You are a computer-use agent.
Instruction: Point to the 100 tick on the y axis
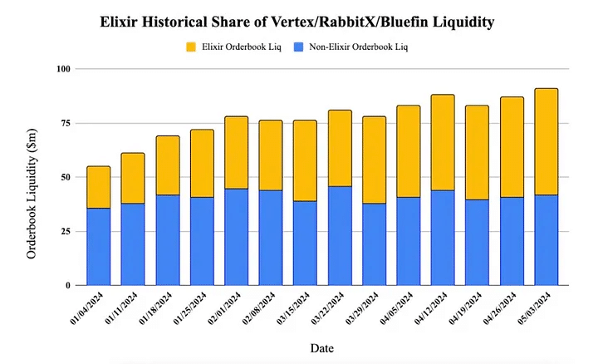coord(64,68)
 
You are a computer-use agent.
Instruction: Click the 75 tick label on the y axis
coord(66,123)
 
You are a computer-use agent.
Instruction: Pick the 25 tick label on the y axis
coord(66,231)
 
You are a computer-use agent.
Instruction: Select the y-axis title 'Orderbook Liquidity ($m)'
coord(32,177)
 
